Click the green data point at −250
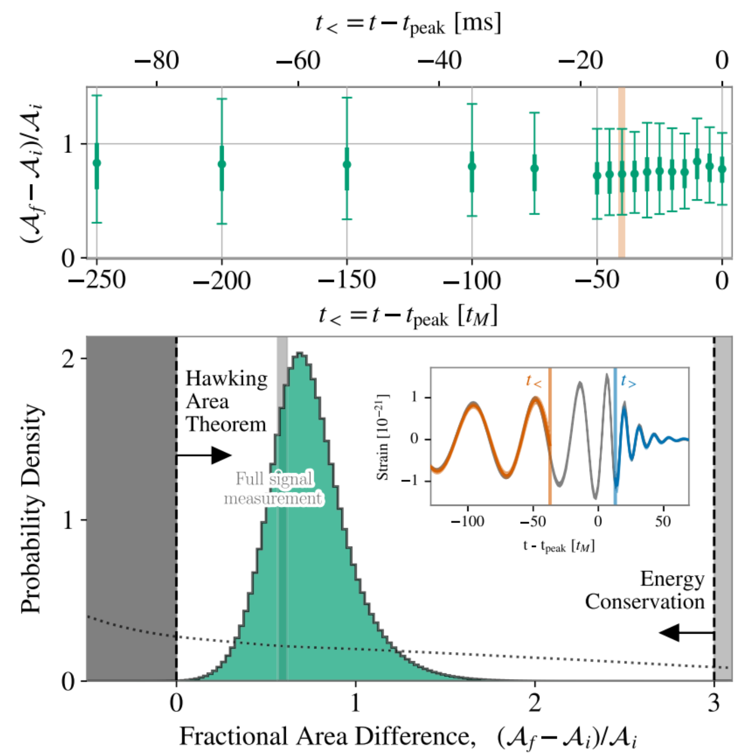click(x=97, y=163)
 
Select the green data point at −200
click(x=222, y=164)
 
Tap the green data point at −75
click(x=534, y=168)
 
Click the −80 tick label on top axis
click(x=157, y=61)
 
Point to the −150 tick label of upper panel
click(x=347, y=280)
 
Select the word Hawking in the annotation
click(x=226, y=379)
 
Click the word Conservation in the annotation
click(x=644, y=602)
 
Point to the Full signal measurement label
click(x=274, y=488)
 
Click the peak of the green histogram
click(x=301, y=354)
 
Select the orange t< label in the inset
click(x=533, y=381)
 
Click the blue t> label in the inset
click(x=628, y=381)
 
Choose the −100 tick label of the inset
click(x=467, y=522)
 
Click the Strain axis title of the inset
click(x=383, y=437)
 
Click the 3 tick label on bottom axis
click(x=714, y=704)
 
